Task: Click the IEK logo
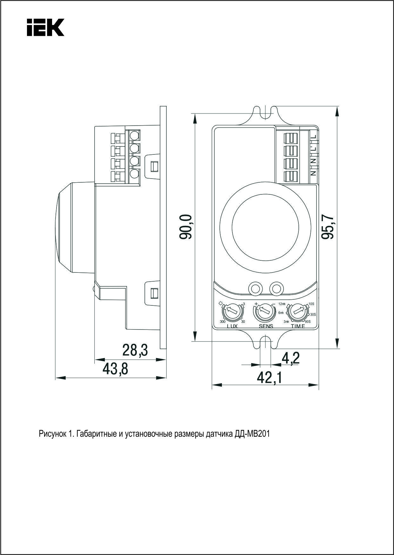45,28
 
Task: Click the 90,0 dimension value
186,227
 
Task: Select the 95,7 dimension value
328,227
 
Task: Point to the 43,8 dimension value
116,369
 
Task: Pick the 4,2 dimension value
290,358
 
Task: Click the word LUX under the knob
232,326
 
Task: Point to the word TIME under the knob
298,326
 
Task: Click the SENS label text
266,326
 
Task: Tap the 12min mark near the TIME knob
282,304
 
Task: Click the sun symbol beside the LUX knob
221,303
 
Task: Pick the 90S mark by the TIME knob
307,321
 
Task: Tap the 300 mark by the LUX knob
223,322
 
